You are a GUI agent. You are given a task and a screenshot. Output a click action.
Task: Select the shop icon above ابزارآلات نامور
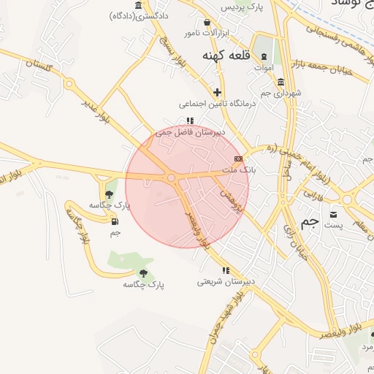209,23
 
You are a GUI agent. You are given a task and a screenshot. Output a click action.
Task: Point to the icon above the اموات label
264,57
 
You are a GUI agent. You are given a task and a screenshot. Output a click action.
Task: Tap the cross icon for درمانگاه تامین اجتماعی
217,92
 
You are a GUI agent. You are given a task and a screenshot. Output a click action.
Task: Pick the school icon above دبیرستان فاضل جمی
190,121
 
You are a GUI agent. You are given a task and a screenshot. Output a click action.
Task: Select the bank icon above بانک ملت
238,158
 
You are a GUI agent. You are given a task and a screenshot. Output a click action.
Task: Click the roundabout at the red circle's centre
171,178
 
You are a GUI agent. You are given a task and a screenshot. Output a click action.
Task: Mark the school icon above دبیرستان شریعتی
226,270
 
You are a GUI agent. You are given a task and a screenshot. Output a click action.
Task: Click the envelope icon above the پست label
334,214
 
